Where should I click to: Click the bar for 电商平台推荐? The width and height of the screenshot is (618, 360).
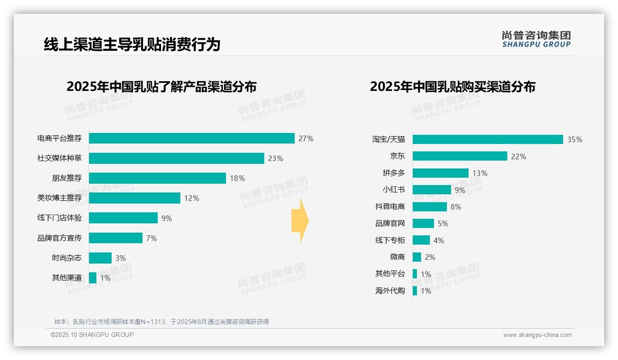point(191,138)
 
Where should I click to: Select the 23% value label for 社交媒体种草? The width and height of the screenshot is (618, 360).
point(275,158)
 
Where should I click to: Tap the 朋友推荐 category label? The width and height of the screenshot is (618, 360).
point(66,178)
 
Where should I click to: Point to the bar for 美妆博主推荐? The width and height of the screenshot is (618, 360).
point(134,198)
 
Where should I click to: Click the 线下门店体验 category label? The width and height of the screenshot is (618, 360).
point(59,218)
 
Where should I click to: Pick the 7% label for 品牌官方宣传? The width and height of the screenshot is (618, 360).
point(151,238)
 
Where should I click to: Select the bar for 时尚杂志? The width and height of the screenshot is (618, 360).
point(100,258)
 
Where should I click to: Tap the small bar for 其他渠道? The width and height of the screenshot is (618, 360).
point(93,278)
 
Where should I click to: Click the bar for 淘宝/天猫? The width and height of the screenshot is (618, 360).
point(487,139)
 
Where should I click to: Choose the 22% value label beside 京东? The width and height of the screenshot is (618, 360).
point(518,156)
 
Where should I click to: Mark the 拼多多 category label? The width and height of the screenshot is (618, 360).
point(393,173)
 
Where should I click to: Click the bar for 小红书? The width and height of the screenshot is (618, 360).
point(432,190)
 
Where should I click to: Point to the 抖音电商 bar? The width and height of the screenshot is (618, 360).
point(429,207)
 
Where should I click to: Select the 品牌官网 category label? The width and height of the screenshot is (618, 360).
point(390,223)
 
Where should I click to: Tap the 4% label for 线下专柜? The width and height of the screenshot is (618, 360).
point(439,240)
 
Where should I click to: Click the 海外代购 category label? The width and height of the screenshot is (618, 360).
point(390,291)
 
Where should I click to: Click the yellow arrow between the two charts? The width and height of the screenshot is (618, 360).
point(300,221)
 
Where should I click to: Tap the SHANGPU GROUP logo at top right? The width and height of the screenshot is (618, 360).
point(536,39)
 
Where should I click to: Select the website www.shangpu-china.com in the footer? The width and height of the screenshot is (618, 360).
point(537,335)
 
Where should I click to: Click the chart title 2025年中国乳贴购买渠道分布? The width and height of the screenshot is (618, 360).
point(452,87)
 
